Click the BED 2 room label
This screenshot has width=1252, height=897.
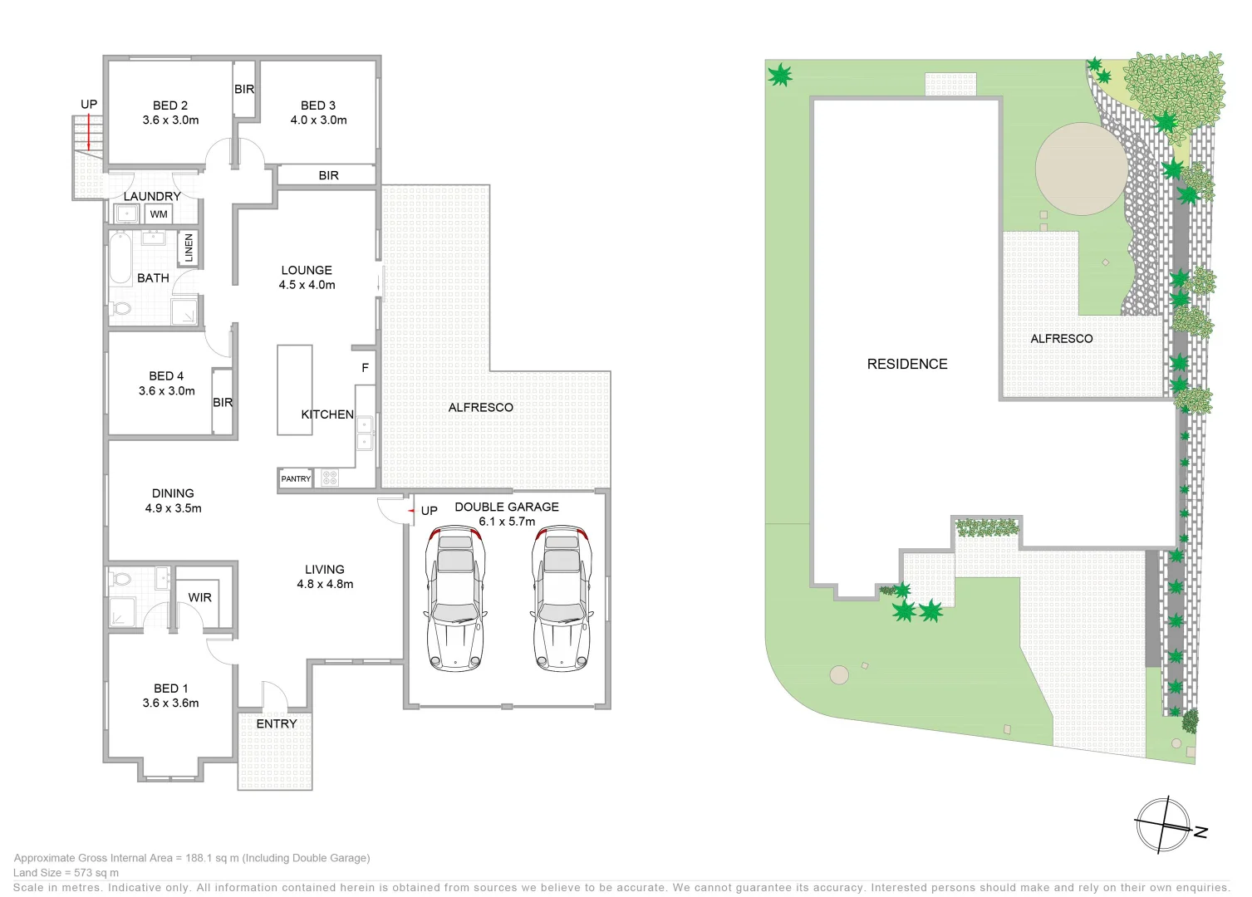(170, 105)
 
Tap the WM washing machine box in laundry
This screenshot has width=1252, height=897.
(159, 214)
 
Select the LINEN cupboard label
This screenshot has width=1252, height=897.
(189, 248)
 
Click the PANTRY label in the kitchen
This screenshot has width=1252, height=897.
(295, 479)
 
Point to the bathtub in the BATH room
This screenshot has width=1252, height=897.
(120, 258)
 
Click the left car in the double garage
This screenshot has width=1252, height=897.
(454, 597)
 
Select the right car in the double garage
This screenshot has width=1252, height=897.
(562, 597)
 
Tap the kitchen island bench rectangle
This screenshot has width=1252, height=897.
(294, 390)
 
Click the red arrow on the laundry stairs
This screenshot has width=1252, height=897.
(89, 133)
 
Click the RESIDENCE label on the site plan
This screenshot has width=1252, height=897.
(906, 364)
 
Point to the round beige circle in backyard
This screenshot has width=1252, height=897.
(1081, 169)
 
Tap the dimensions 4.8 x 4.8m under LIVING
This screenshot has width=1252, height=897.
(325, 584)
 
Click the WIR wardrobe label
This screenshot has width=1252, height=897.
(199, 597)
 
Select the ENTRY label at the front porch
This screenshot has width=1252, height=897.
(276, 723)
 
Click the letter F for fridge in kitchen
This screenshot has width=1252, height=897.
(365, 367)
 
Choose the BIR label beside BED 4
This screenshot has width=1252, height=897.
(223, 402)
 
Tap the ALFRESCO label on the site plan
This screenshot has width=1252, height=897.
(1061, 339)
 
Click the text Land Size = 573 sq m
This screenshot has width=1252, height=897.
(66, 873)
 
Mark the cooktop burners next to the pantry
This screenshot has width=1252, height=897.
(330, 478)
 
